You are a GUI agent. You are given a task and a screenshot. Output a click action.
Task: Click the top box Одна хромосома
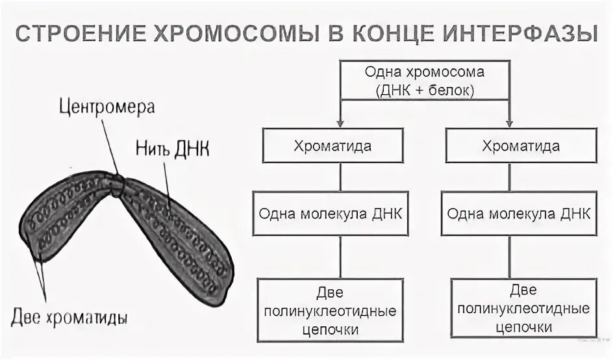(425, 81)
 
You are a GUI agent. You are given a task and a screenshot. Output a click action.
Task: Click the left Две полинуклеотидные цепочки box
(331, 309)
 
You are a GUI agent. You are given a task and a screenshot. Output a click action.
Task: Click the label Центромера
(107, 106)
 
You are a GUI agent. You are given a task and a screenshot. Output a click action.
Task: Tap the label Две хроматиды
(69, 318)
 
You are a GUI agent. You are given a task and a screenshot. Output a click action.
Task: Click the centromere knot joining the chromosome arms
(117, 184)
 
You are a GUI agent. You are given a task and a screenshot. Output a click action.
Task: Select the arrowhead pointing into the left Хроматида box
(340, 123)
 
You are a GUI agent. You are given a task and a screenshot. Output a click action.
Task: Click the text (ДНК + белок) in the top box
(425, 90)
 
